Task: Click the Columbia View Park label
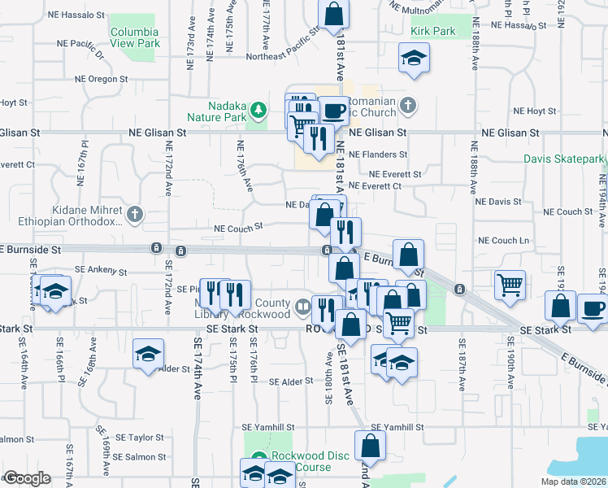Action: [x=135, y=37]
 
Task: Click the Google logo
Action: [x=27, y=478]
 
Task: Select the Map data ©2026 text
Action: [x=573, y=481]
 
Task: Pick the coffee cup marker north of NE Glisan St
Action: [x=333, y=111]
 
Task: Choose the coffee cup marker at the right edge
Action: [x=593, y=309]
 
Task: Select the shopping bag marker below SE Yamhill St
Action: [x=370, y=446]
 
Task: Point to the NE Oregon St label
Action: [x=102, y=79]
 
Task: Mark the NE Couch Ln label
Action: [x=503, y=241]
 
